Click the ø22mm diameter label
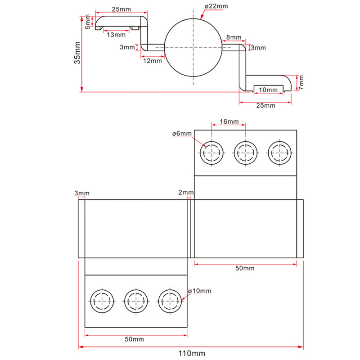216,6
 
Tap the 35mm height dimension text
77,53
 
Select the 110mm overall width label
192,353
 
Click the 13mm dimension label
116,35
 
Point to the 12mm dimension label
153,61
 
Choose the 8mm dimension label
234,37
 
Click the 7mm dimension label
301,82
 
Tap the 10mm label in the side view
268,90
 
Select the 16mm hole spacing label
229,121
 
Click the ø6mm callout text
182,133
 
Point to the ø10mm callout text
200,291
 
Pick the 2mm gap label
186,193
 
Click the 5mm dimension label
88,22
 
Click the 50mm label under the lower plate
134,339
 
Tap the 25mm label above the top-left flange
121,9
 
